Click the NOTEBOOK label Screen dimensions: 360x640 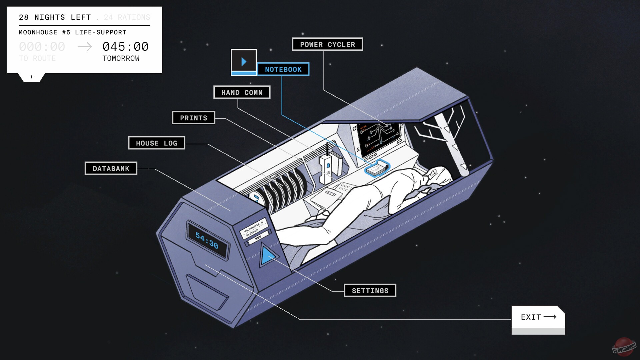[x=283, y=69]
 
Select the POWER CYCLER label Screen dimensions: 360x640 [x=327, y=44]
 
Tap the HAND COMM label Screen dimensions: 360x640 [x=242, y=92]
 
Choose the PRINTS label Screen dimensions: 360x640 [x=193, y=118]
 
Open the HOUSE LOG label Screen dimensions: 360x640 [x=156, y=143]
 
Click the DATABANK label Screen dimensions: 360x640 [x=111, y=168]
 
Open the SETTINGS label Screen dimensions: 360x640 [x=370, y=290]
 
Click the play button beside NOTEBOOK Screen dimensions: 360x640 [x=244, y=61]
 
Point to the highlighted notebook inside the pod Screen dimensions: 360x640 [x=377, y=169]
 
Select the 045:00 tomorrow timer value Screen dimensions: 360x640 [x=125, y=47]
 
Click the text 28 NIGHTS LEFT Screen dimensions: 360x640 [x=55, y=17]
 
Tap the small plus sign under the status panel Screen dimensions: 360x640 [x=32, y=77]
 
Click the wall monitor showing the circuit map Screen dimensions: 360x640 [x=379, y=137]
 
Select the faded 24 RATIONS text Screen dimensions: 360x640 [x=127, y=17]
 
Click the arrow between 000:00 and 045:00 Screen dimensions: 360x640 [x=84, y=47]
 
